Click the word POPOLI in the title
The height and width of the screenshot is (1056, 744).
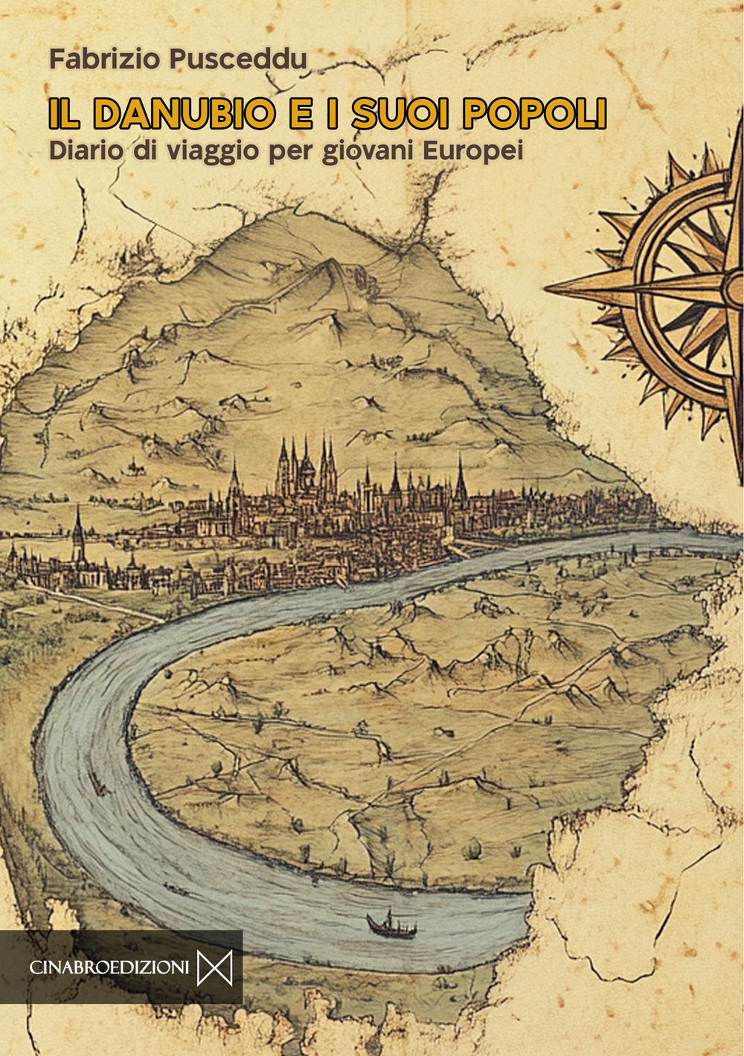click(x=534, y=113)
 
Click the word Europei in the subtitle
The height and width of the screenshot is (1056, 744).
click(x=473, y=151)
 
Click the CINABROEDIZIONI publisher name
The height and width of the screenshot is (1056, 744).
click(x=109, y=967)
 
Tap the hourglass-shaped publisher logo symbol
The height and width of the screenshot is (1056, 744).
click(x=214, y=967)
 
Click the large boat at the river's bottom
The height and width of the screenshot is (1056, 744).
click(x=391, y=925)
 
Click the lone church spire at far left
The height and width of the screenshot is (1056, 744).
click(x=78, y=532)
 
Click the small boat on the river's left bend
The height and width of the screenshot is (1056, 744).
click(x=97, y=781)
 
